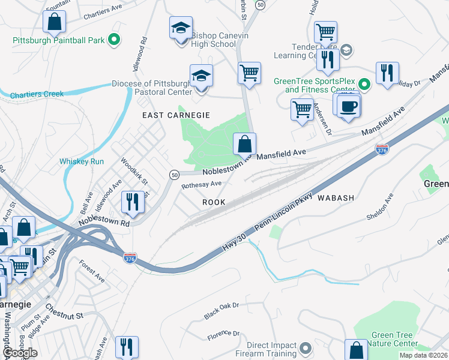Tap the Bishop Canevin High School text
(x=213, y=40)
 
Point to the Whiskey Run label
(x=82, y=161)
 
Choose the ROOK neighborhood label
(x=214, y=202)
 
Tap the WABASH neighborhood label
(x=336, y=197)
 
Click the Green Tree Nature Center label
(x=394, y=340)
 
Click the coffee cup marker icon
(x=348, y=107)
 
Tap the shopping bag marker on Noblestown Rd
(x=244, y=145)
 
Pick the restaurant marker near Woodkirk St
(x=133, y=202)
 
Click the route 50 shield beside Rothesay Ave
(x=173, y=174)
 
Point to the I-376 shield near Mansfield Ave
(x=381, y=148)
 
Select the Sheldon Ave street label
(x=377, y=205)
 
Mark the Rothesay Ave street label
(x=202, y=185)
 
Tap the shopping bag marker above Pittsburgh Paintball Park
(x=54, y=23)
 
